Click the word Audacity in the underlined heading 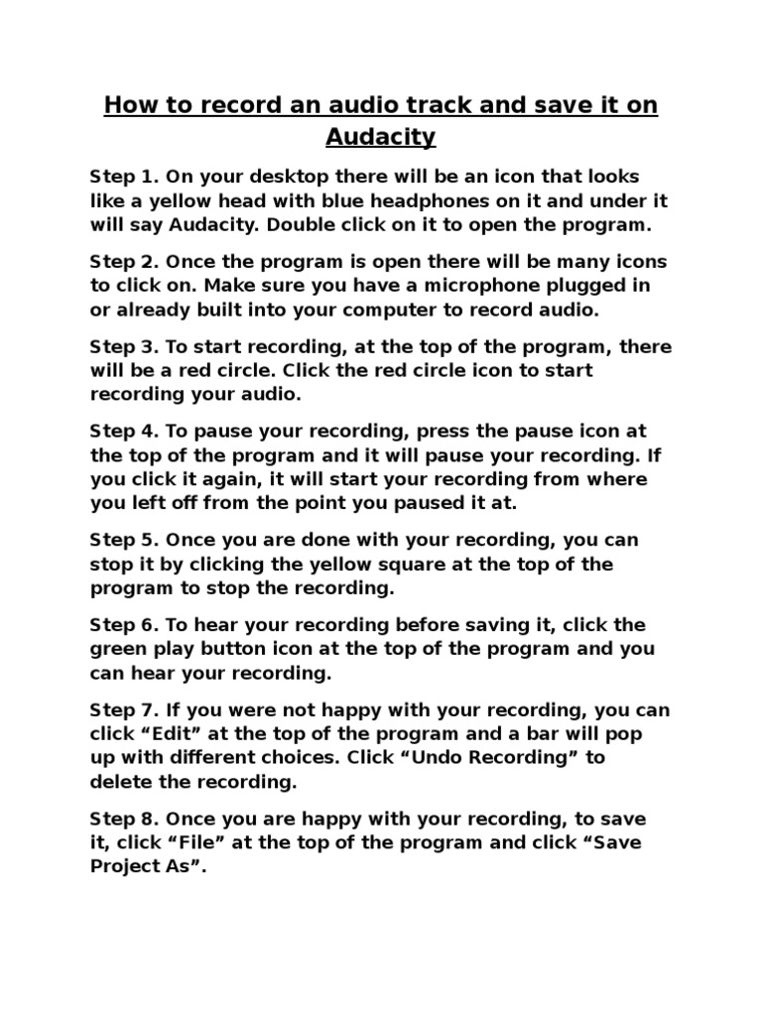[380, 137]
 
